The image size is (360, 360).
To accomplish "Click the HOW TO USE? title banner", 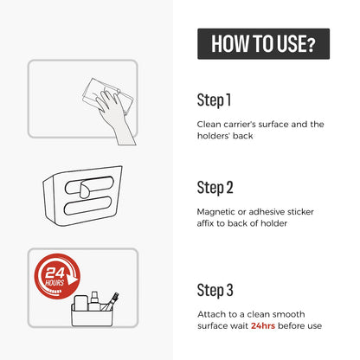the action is pyautogui.click(x=263, y=44).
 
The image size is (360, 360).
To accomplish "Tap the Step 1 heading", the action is pyautogui.click(x=214, y=100).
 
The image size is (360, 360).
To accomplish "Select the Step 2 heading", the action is pyautogui.click(x=215, y=188).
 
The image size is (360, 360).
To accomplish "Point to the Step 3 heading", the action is pyautogui.click(x=215, y=291).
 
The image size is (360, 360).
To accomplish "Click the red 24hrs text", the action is pyautogui.click(x=263, y=326).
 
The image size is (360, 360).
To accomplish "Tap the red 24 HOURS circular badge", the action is pyautogui.click(x=57, y=276).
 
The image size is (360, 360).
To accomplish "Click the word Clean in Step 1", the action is pyautogui.click(x=209, y=125).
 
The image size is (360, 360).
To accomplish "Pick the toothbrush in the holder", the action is pyautogui.click(x=111, y=301).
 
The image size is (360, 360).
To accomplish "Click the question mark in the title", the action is pyautogui.click(x=310, y=45).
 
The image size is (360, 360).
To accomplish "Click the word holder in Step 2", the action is pyautogui.click(x=273, y=223).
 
